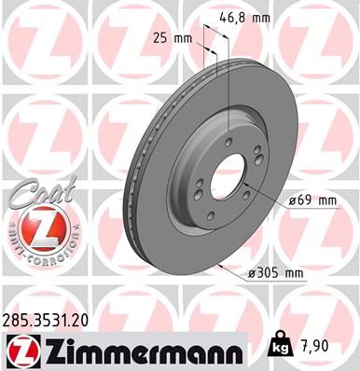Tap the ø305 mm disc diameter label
pyautogui.click(x=275, y=272)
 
